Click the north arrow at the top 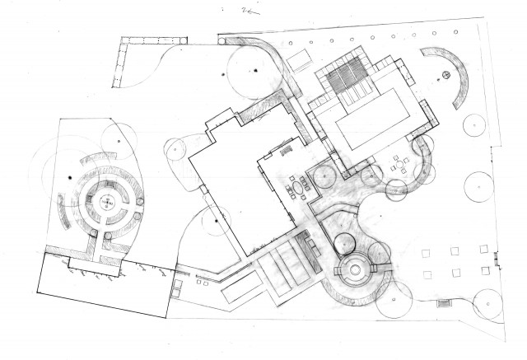248,12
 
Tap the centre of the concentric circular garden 105,202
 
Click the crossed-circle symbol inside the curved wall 445,77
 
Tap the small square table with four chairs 400,164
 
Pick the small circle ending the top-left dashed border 116,85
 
